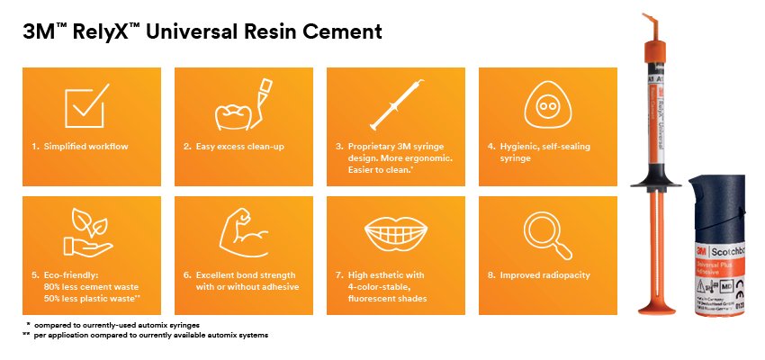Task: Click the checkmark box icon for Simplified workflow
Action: tap(87, 105)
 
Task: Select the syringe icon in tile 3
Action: tap(394, 103)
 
